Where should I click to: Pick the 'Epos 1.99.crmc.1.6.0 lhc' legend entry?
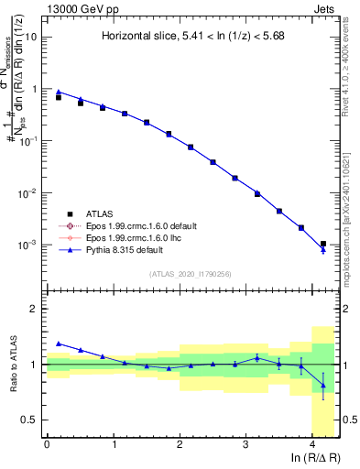click(132, 237)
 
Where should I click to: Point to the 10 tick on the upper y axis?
click(31, 38)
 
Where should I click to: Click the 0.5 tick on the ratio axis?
click(29, 420)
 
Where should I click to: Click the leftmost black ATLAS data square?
click(59, 96)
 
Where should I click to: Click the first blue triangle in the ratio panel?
click(59, 344)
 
